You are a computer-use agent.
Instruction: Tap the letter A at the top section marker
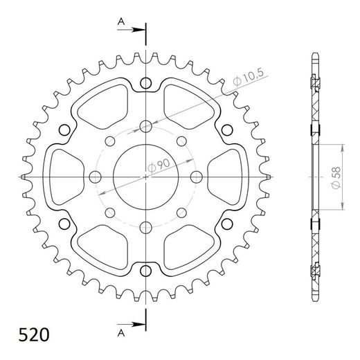[x=120, y=22]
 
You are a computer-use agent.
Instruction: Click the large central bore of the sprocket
[x=145, y=176]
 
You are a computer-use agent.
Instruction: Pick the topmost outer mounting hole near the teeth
[x=145, y=84]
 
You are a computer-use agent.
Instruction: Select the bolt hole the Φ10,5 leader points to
[x=145, y=126]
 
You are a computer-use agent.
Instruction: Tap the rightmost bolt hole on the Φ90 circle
[x=196, y=176]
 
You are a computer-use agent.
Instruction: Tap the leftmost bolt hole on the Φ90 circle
[x=96, y=176]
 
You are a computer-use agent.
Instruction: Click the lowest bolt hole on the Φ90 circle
[x=145, y=226]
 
